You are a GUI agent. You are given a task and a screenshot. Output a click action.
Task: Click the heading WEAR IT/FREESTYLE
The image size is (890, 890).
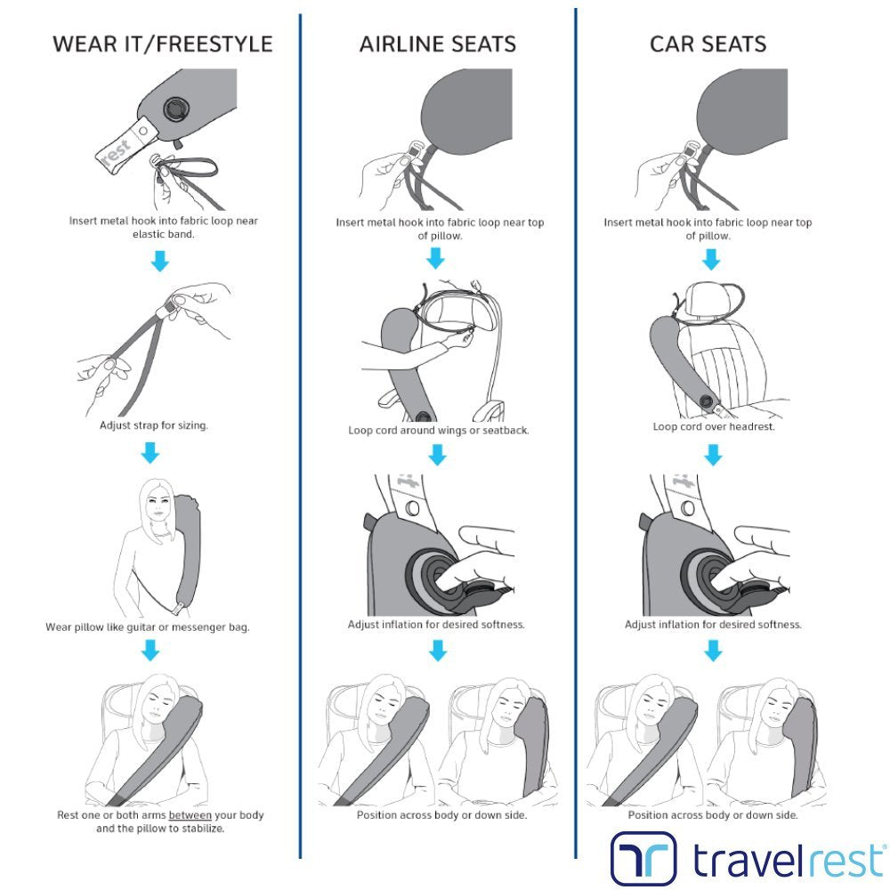(162, 44)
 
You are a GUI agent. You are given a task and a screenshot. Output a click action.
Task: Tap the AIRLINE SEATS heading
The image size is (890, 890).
(438, 44)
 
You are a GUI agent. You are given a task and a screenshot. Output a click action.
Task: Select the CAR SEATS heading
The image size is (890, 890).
(708, 44)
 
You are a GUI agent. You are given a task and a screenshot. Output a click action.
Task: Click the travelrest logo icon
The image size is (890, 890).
(643, 857)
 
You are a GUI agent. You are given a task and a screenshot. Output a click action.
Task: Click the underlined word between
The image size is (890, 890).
(190, 815)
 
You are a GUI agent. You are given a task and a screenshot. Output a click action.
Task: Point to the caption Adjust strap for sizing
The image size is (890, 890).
(154, 425)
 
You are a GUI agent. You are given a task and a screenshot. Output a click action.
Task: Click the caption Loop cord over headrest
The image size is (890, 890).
(714, 426)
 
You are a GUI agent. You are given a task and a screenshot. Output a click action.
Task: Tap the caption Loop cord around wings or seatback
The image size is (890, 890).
(438, 430)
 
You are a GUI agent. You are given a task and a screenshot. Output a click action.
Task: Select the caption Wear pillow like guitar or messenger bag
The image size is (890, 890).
(148, 627)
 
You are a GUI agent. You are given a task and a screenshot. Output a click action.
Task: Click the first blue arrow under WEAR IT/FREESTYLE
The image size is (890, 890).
(160, 261)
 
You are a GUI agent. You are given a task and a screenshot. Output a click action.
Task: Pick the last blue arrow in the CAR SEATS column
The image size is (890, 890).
(713, 651)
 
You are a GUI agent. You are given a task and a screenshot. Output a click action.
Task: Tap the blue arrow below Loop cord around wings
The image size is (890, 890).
(437, 455)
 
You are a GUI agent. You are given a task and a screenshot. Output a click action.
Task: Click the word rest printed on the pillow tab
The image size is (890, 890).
(117, 151)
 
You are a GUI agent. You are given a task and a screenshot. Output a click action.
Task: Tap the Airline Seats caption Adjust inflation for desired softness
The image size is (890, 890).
(436, 625)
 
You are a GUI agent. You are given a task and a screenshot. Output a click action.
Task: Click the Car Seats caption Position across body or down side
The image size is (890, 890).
(713, 815)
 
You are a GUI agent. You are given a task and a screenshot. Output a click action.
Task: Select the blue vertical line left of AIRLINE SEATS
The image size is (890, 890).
(300, 436)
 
